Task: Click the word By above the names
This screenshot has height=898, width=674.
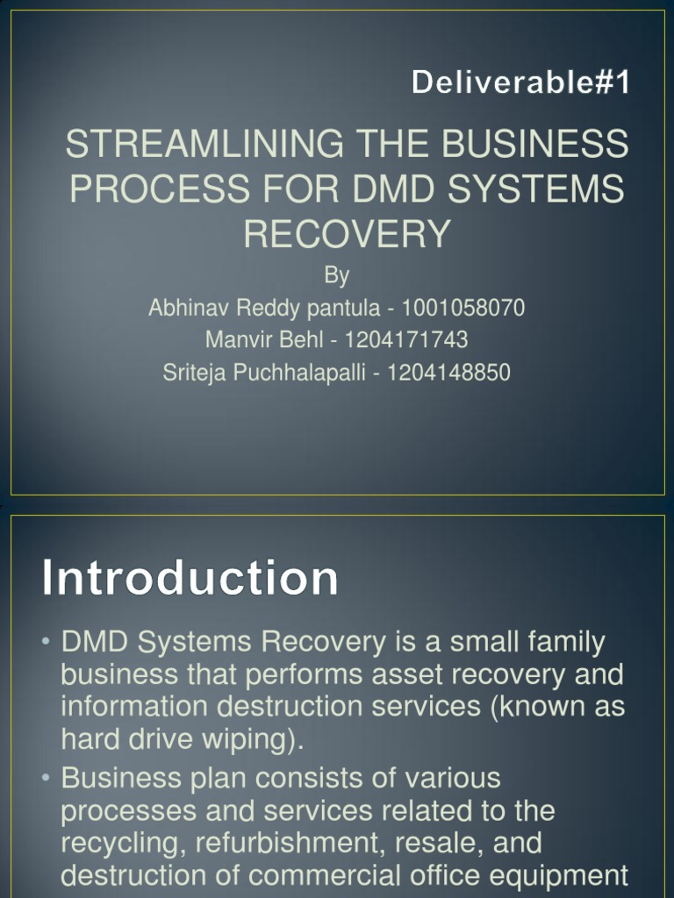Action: click(x=337, y=275)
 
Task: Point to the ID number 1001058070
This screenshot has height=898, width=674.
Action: click(x=463, y=308)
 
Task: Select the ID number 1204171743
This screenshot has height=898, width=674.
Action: click(x=406, y=339)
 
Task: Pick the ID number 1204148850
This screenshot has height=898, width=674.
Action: click(x=448, y=372)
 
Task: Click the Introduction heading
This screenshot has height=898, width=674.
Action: click(x=190, y=580)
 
